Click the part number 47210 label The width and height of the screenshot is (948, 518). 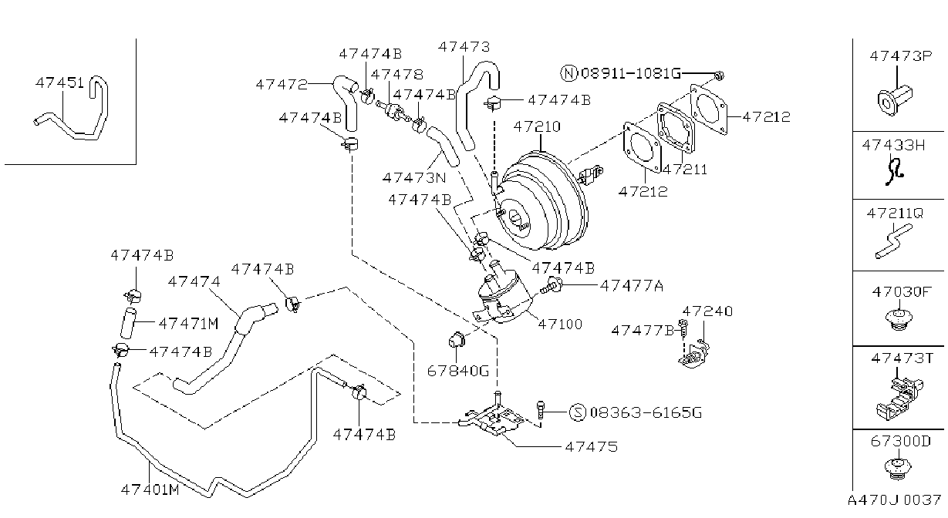537,126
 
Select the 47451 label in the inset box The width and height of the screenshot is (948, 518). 59,83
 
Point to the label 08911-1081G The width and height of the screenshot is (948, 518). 631,73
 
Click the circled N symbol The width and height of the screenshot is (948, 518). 568,73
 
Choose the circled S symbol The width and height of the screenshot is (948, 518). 578,412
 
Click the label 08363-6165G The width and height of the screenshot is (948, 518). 646,412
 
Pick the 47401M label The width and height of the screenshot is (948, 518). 150,489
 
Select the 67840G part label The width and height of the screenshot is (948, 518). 458,371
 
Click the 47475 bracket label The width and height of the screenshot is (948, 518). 591,446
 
